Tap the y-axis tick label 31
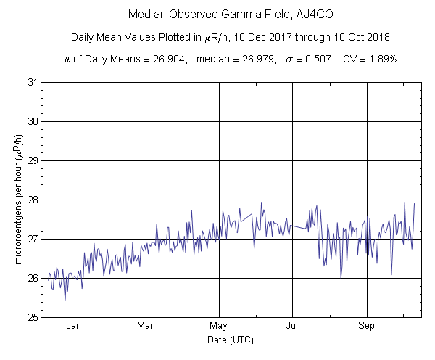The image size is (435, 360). pos(33,82)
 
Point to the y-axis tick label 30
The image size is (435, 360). pos(33,121)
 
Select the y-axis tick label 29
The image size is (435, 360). pos(33,160)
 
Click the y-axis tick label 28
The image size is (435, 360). pos(33,200)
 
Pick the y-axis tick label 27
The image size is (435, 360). pos(33,239)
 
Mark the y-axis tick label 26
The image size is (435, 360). pos(33,278)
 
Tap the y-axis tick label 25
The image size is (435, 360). pos(33,317)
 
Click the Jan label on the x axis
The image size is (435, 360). pos(73,326)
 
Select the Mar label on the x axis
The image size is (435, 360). pos(146,326)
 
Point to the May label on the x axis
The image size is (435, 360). pos(219,326)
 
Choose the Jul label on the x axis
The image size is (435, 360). pos(292,326)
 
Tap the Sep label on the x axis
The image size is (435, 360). pos(368,326)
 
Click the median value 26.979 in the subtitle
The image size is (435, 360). pos(255,58)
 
